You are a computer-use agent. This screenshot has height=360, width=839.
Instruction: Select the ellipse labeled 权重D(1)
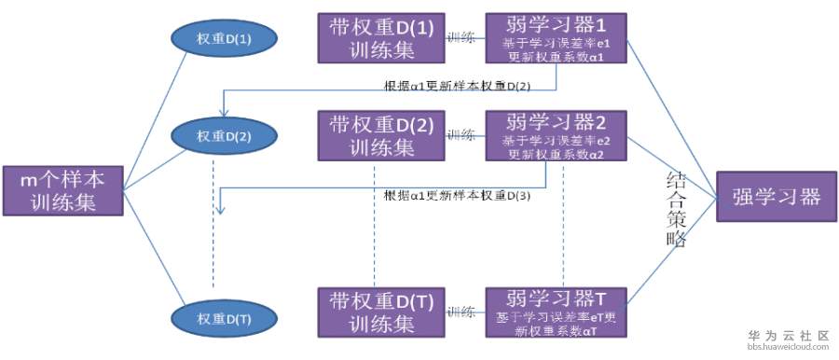223,39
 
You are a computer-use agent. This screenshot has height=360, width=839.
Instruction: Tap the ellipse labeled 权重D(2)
223,136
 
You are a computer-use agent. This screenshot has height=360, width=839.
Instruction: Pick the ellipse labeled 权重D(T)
223,317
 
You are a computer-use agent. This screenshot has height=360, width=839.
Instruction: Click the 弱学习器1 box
557,39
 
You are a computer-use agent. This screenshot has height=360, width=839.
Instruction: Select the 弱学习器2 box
557,136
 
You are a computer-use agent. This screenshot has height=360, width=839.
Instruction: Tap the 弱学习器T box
557,313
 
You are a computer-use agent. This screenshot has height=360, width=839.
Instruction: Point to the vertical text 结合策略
677,208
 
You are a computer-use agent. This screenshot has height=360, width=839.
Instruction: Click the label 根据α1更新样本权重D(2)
458,86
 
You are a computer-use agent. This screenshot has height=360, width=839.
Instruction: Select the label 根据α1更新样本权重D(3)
458,196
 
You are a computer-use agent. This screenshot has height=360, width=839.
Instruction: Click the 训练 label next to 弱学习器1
461,38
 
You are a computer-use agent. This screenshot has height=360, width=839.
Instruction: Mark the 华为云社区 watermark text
789,335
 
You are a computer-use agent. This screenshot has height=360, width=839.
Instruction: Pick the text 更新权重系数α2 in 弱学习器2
556,155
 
